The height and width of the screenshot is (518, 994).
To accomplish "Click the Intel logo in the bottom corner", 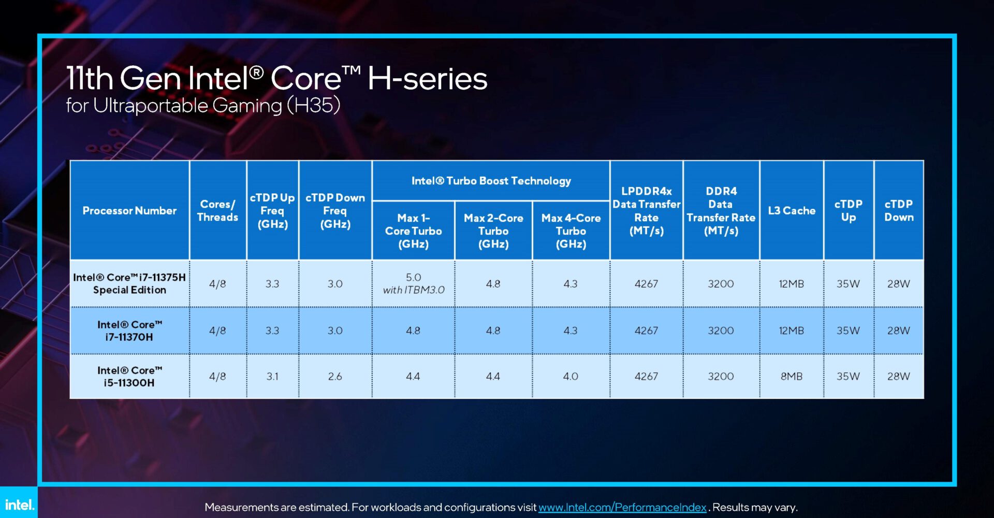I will coord(19,504).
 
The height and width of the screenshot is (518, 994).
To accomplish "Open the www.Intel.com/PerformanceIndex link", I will coord(622,507).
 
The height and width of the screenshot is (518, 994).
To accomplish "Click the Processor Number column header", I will coord(129,210).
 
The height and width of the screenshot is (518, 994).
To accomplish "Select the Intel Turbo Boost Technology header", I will coord(491,181).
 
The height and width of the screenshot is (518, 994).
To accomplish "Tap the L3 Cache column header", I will coord(791,210).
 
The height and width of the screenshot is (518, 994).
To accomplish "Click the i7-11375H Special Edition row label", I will coord(129,283).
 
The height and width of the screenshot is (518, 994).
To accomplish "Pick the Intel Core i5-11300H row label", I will coord(129,377).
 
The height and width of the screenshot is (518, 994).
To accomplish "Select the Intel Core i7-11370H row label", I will coord(129,330).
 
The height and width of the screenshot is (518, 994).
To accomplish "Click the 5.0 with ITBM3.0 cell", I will coord(413,283).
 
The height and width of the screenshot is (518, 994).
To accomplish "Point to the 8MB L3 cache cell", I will coord(791,377).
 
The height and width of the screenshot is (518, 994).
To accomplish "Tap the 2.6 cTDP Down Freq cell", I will coord(335,377).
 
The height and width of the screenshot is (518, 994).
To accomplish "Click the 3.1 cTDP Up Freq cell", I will coord(272,377).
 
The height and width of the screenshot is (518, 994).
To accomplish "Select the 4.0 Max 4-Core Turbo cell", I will coord(571,377).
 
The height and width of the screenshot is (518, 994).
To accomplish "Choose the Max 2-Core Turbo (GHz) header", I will coord(493,231).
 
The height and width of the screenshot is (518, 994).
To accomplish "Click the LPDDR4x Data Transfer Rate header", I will coord(646,210).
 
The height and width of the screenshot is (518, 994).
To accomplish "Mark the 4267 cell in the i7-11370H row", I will coord(646,330).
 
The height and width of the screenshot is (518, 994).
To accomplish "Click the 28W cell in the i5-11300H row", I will coord(898,377).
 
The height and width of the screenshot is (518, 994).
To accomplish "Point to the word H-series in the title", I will coord(427,79).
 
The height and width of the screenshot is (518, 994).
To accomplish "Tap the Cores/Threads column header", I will coord(217,210).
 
